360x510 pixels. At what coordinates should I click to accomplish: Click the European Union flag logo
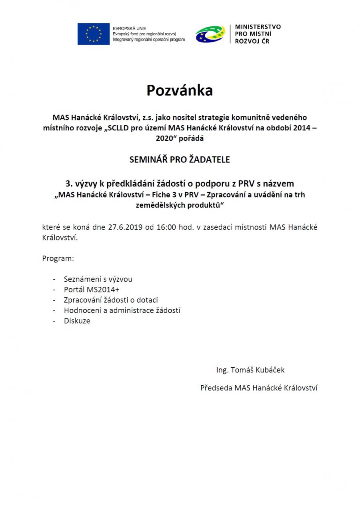pyautogui.click(x=94, y=34)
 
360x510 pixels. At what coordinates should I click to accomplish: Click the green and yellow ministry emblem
pyautogui.click(x=210, y=34)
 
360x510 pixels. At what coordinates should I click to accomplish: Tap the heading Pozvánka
pyautogui.click(x=180, y=90)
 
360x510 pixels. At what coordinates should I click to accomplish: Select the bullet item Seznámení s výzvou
pyautogui.click(x=98, y=279)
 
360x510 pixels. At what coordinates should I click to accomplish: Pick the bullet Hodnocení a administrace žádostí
pyautogui.click(x=122, y=310)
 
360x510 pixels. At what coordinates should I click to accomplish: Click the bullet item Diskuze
pyautogui.click(x=77, y=321)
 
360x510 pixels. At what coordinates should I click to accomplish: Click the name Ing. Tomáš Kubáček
pyautogui.click(x=250, y=370)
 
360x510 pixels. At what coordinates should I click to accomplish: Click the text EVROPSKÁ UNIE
pyautogui.click(x=129, y=28)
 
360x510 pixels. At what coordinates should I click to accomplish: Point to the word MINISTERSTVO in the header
pyautogui.click(x=258, y=27)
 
